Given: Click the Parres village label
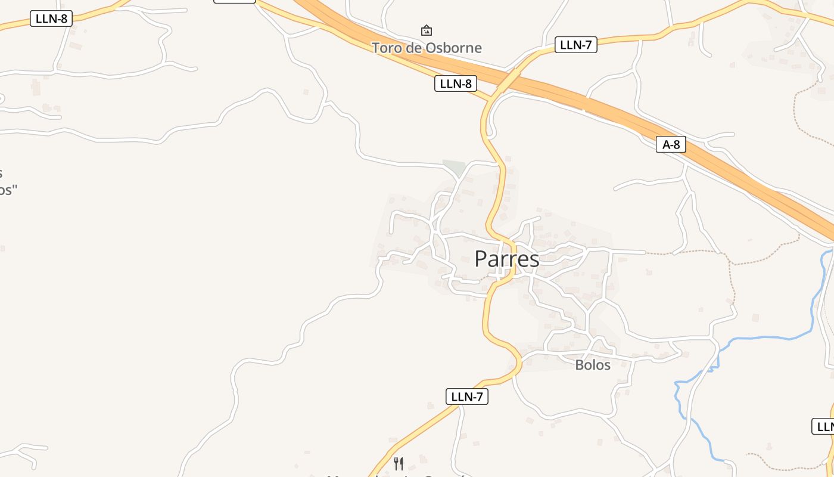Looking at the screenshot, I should (507, 259).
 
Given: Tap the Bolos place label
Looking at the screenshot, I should (593, 365).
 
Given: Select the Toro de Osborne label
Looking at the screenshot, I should (427, 48).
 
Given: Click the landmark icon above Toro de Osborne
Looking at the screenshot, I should (427, 30).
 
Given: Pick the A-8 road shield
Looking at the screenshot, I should (671, 144).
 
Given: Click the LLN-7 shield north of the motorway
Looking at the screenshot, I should (575, 44).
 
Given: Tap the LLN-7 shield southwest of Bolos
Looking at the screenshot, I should (467, 397).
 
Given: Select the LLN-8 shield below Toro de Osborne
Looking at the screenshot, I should (456, 83).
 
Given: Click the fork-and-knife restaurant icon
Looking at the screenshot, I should (399, 463).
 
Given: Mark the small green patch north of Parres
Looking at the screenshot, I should (454, 168).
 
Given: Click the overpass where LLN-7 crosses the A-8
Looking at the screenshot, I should (507, 80).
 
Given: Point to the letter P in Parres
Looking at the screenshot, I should (481, 259).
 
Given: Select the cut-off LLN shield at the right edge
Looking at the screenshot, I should (824, 426).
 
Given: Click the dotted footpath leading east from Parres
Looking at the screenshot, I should (685, 252).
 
